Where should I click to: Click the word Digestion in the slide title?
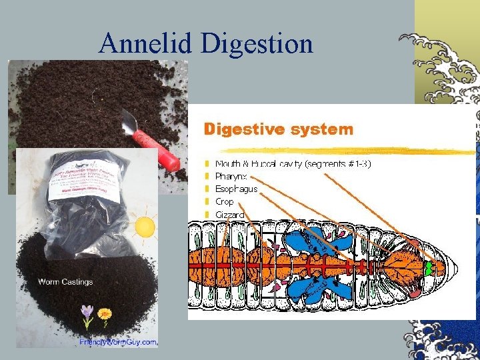click(257, 44)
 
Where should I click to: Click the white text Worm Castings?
click(65, 281)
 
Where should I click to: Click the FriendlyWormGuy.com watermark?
click(118, 342)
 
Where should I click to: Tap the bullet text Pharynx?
click(231, 177)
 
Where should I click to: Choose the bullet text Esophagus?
click(236, 189)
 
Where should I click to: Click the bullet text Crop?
click(225, 201)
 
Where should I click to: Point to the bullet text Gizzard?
click(230, 215)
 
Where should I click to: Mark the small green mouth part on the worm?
click(429, 267)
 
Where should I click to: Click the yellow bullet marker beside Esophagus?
click(207, 189)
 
